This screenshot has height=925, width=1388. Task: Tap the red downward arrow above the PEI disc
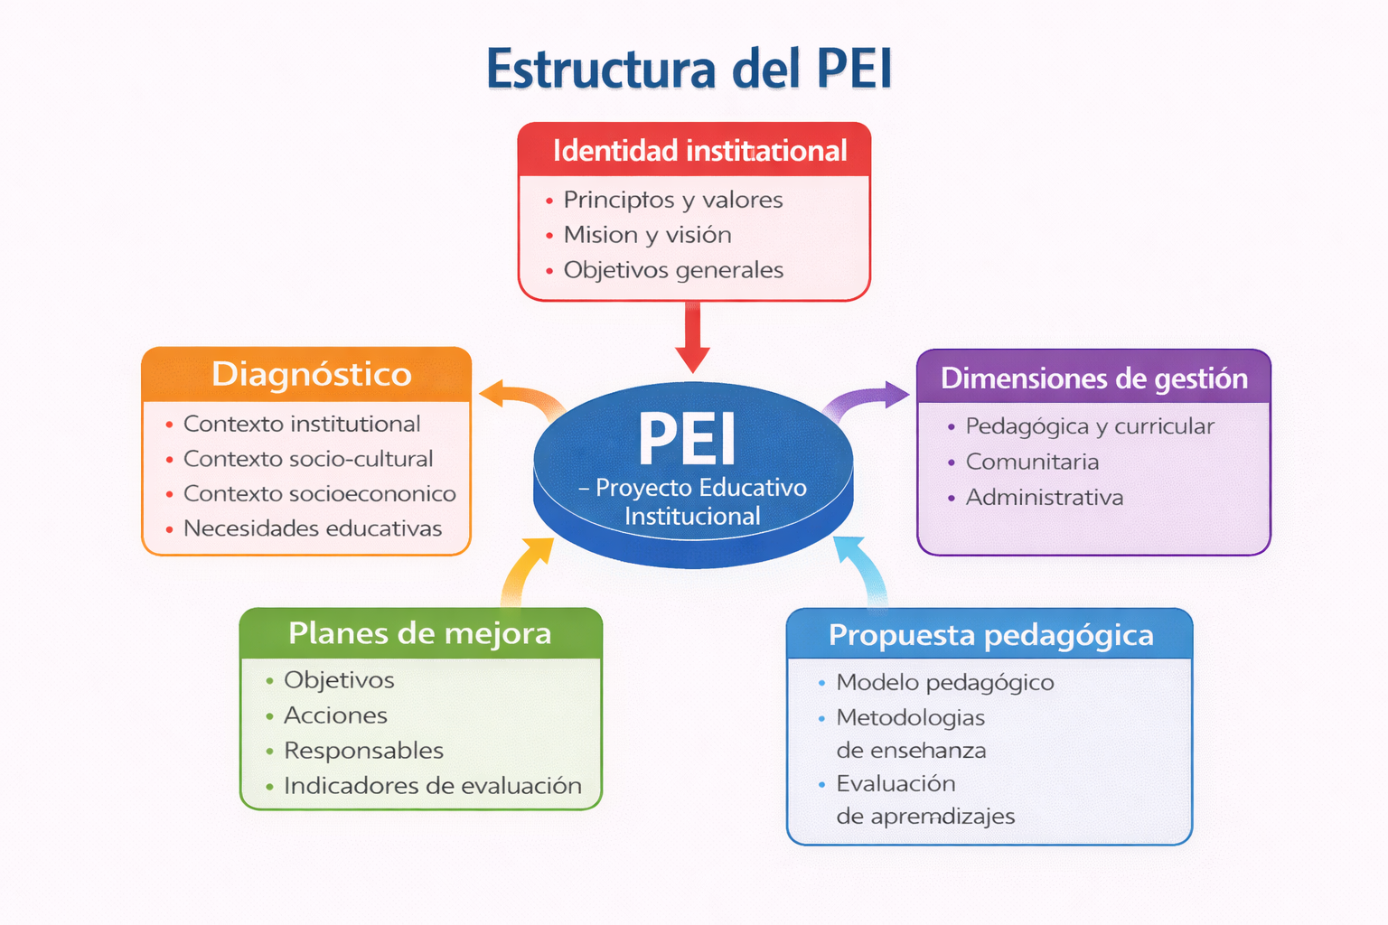point(693,337)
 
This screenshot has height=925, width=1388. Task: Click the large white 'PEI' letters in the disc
point(687,438)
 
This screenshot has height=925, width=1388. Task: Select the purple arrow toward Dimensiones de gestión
point(866,399)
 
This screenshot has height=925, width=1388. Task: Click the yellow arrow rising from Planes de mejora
point(522,570)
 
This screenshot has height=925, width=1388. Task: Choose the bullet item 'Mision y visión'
point(648,235)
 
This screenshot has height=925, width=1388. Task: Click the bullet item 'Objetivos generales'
point(673,270)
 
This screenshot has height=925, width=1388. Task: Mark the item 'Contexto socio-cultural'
point(308,459)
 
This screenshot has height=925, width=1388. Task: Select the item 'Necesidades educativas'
point(313,528)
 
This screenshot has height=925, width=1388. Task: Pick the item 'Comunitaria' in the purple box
point(1032,462)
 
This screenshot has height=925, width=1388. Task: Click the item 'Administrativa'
point(1044,497)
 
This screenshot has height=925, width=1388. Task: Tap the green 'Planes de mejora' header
point(421,633)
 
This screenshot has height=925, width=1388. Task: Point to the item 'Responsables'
point(364,751)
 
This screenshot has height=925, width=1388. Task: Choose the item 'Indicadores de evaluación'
point(433,786)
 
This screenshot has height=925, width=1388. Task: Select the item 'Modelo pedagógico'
point(945,683)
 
